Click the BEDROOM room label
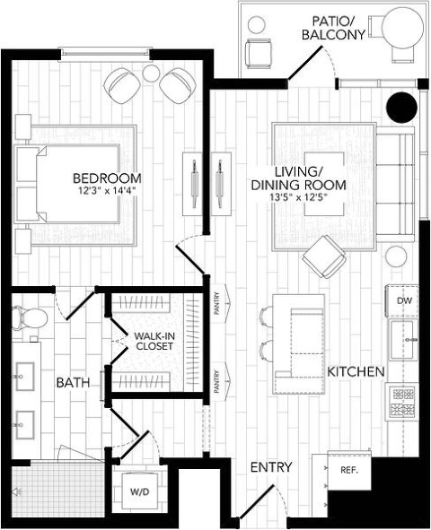pyautogui.click(x=107, y=178)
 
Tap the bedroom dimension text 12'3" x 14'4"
pyautogui.click(x=107, y=191)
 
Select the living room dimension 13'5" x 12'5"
pyautogui.click(x=298, y=197)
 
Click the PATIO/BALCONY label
pyautogui.click(x=333, y=29)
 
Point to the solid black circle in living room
pyautogui.click(x=401, y=108)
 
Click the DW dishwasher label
pyautogui.click(x=405, y=300)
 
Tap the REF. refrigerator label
pyautogui.click(x=349, y=470)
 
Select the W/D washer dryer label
pyautogui.click(x=140, y=491)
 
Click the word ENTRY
pyautogui.click(x=271, y=467)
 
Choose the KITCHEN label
pyautogui.click(x=356, y=372)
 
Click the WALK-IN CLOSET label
pyautogui.click(x=154, y=342)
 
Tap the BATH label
pyautogui.click(x=73, y=383)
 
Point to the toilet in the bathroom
pyautogui.click(x=30, y=317)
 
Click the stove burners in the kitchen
pyautogui.click(x=403, y=403)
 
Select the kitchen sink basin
pyautogui.click(x=402, y=340)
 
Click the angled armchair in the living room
pyautogui.click(x=324, y=256)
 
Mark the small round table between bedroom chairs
pyautogui.click(x=151, y=73)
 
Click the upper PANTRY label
pyautogui.click(x=217, y=303)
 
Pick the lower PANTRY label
pyautogui.click(x=217, y=382)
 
